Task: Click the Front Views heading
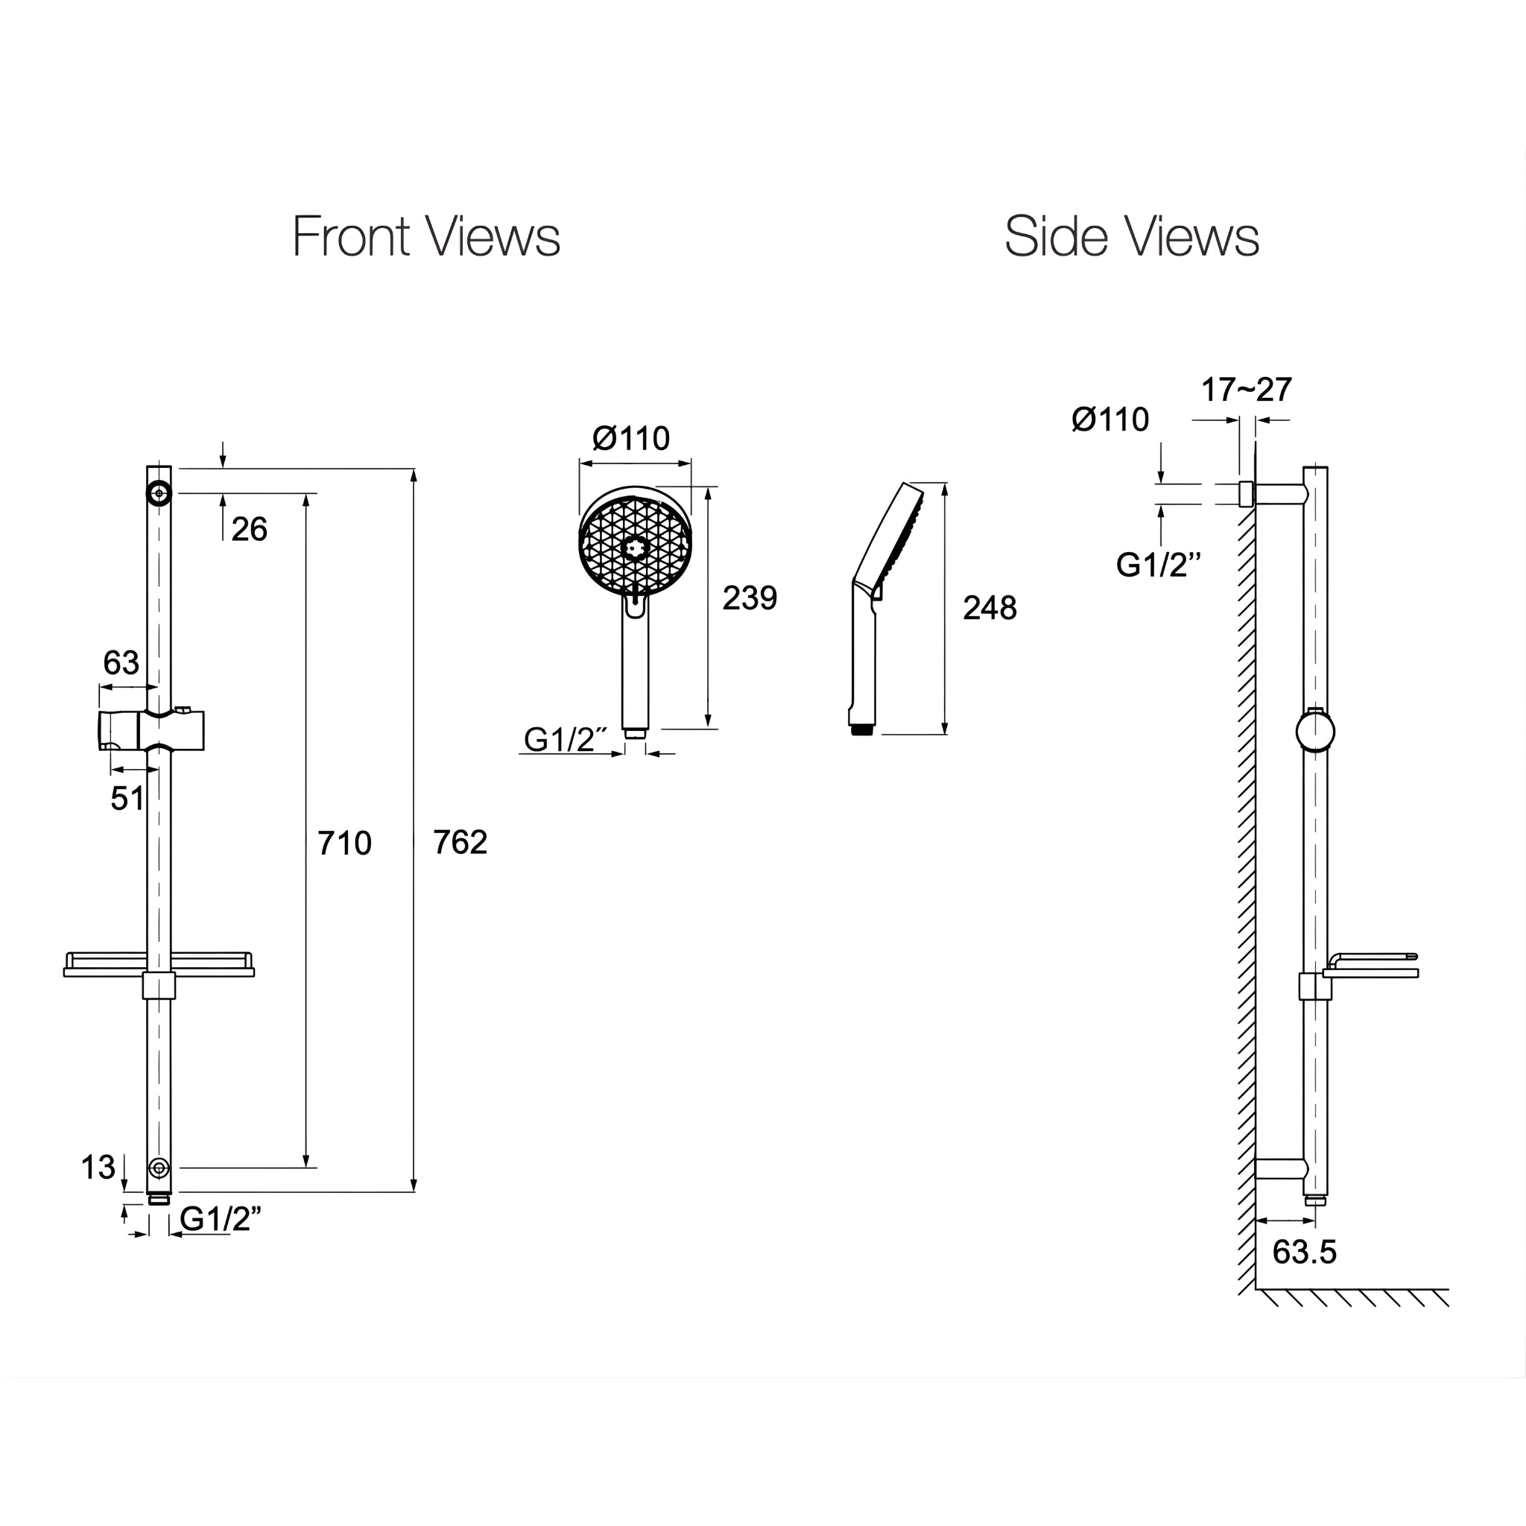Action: point(425,236)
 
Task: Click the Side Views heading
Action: point(1130,236)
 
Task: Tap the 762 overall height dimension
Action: point(460,843)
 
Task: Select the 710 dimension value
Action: point(344,843)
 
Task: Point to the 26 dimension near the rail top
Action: point(249,529)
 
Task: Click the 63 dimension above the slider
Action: point(121,662)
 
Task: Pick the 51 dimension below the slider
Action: point(127,799)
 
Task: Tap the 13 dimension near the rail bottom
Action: point(98,1168)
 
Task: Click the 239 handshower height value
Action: point(750,598)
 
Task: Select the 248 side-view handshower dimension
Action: point(990,608)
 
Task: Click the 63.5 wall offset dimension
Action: point(1304,1253)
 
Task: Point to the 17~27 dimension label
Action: point(1247,390)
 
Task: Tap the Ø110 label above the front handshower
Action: point(631,437)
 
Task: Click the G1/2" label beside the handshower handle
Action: point(565,740)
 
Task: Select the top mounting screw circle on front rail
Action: point(159,494)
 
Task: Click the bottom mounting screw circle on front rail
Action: point(159,1168)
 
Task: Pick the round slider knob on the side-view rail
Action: point(1315,732)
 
